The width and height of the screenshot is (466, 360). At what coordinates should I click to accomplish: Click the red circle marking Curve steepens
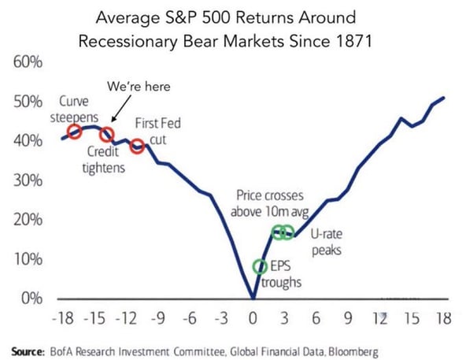74,132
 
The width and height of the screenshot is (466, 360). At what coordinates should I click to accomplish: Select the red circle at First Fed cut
137,146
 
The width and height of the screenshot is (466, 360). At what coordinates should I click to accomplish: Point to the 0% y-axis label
29,299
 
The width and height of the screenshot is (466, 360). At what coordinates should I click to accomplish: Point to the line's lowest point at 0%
253,298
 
